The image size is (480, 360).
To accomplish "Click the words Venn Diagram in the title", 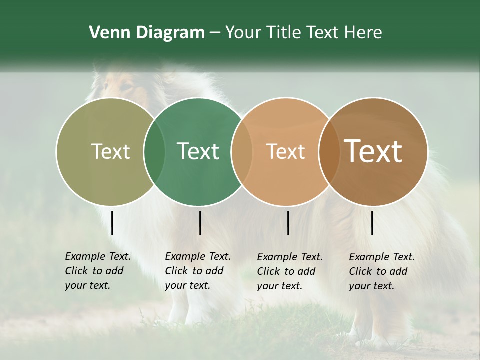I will tap(147, 33).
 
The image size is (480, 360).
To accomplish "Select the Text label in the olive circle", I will tap(110, 151).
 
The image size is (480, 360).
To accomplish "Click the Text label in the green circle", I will tap(198, 151).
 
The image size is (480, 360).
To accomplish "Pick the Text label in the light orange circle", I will tap(285, 151).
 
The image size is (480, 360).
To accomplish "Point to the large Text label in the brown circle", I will tap(373, 151).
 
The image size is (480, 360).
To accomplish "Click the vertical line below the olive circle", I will tap(112, 223).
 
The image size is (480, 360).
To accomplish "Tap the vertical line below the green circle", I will tap(200, 223).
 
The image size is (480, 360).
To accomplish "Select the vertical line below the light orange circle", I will tap(288, 223).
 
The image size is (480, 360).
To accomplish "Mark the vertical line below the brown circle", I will tap(372, 223).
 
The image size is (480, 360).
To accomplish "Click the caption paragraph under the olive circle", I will tap(98, 271).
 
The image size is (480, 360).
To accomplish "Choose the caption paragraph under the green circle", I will tap(198, 271).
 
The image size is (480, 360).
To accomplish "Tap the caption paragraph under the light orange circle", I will tap(290, 271).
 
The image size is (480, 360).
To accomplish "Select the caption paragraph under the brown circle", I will tap(382, 271).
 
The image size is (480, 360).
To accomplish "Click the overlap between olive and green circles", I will tap(154, 151).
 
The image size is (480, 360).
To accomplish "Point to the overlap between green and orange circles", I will tap(241, 151).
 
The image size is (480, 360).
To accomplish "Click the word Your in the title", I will tap(244, 33).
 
